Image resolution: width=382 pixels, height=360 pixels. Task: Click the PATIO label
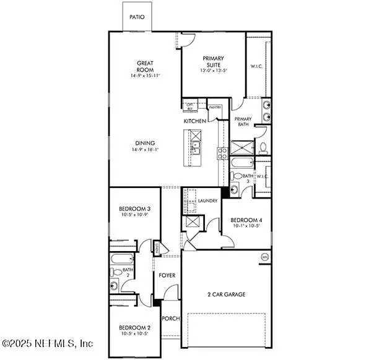pyautogui.click(x=137, y=17)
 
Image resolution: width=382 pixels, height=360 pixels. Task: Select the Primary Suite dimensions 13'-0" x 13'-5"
pyautogui.click(x=213, y=71)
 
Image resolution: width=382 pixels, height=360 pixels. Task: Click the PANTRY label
pyautogui.click(x=215, y=108)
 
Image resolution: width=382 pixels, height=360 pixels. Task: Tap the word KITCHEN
pyautogui.click(x=194, y=121)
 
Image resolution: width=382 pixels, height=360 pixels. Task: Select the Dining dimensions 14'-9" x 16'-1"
pyautogui.click(x=145, y=150)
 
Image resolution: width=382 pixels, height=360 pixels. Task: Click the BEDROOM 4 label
pyautogui.click(x=246, y=220)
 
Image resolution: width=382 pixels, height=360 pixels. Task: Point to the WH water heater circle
pyautogui.click(x=265, y=257)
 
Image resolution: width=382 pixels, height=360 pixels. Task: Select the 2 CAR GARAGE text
pyautogui.click(x=225, y=294)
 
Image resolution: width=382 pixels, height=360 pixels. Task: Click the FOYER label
pyautogui.click(x=167, y=275)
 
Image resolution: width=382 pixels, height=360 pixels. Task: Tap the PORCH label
pyautogui.click(x=170, y=319)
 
